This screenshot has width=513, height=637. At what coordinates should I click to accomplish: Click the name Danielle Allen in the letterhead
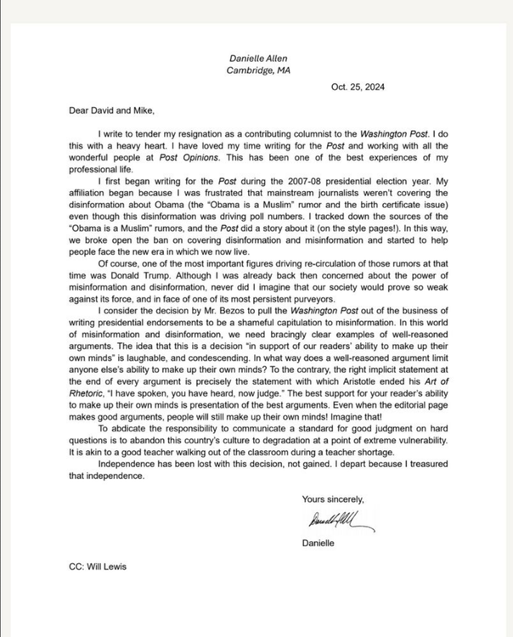[x=258, y=58]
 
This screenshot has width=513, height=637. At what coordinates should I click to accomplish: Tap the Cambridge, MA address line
[x=258, y=70]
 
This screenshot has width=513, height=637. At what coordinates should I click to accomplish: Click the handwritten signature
[x=337, y=520]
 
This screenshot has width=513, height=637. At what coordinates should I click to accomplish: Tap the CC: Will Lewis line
[x=98, y=567]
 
